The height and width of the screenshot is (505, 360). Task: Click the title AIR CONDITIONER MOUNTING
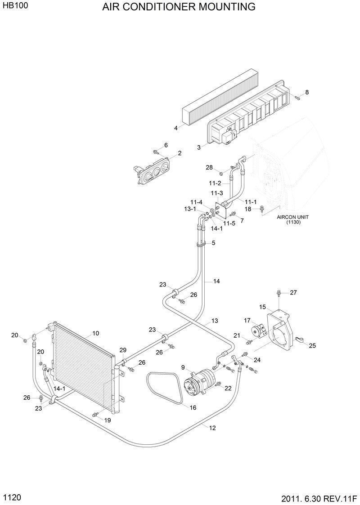[179, 7]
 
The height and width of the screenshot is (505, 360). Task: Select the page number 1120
[12, 497]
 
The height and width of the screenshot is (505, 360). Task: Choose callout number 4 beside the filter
[176, 128]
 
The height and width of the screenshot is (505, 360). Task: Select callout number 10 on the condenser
[95, 333]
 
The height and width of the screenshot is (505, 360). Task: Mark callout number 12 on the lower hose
[212, 428]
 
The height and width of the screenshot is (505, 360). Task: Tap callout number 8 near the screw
[307, 92]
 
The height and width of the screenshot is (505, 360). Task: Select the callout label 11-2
[215, 183]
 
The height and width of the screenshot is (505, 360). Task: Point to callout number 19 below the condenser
[108, 420]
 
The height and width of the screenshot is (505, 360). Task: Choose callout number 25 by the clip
[312, 345]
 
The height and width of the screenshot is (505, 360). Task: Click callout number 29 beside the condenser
[123, 350]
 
